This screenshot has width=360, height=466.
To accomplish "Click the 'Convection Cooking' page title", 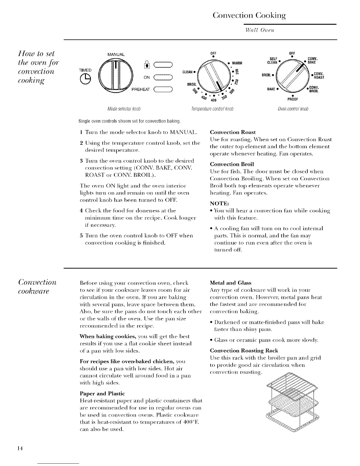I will point(249,15).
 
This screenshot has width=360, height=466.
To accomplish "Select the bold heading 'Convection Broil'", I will point(232,164).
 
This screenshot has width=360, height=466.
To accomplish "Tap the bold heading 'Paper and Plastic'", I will point(102,394).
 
